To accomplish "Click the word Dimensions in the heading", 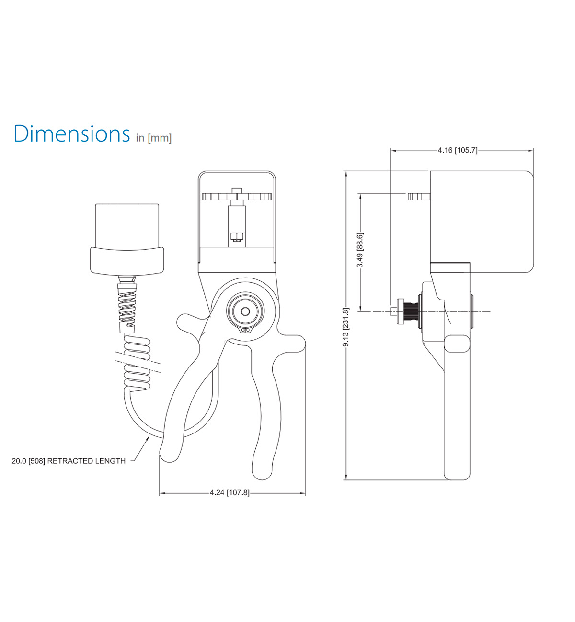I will point(72,133).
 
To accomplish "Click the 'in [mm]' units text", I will point(153,138).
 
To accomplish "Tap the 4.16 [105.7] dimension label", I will point(457,150).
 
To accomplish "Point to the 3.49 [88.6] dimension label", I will point(360,250).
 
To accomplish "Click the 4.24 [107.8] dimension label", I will point(230,492).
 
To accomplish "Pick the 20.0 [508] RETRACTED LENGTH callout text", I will point(69,461).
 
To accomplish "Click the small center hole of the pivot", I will point(245,311).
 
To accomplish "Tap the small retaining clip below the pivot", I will point(246,330).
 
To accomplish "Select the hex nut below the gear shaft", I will point(235,236).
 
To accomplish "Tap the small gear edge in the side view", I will point(418,196).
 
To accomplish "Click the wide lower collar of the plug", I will point(127,260).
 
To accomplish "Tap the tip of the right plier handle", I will point(262,471).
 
